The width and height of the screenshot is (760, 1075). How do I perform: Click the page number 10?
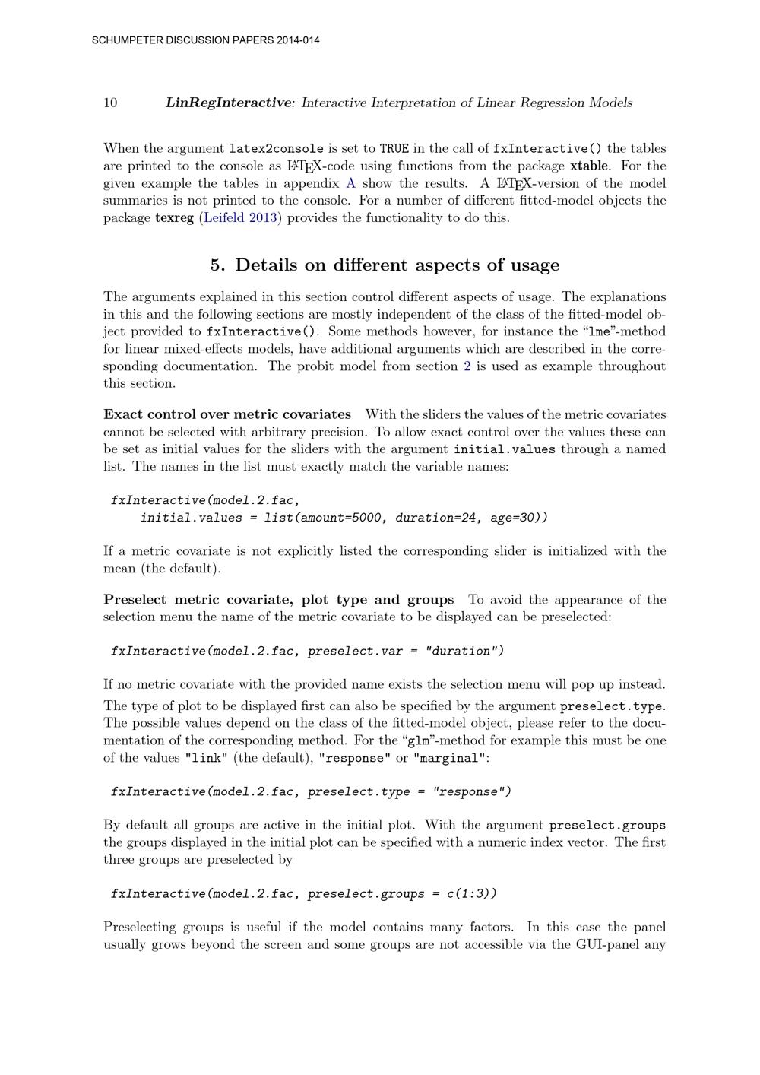pos(110,103)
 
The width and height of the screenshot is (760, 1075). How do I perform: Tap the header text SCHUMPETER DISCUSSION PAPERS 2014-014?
pos(205,40)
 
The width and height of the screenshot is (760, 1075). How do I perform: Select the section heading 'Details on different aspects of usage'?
pos(397,265)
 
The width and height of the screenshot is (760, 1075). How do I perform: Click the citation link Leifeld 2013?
pos(241,218)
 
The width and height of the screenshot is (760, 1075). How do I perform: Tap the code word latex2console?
pos(277,149)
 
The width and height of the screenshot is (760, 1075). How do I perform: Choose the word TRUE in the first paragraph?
pos(394,149)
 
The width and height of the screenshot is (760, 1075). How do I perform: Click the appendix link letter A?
pos(350,183)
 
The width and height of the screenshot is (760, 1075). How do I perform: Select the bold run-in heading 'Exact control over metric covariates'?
pos(227,414)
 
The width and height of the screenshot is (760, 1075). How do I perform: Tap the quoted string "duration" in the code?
pos(461,651)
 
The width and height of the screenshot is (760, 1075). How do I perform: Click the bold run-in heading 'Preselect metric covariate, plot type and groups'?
pos(278,600)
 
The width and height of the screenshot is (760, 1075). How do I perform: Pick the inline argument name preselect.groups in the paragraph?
pos(607,826)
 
